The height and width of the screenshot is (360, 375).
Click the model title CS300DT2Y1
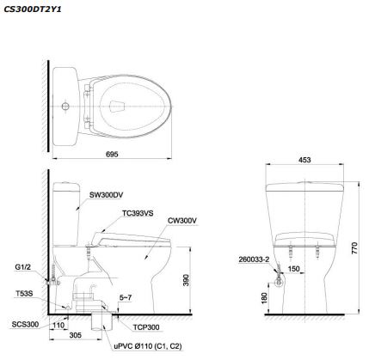point(33,9)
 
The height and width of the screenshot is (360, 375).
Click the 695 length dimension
point(112,154)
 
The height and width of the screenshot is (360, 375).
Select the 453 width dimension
point(304,160)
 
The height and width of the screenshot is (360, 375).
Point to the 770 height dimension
point(354,248)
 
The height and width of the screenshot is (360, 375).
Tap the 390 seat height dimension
point(186,280)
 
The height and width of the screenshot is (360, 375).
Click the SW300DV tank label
point(106,195)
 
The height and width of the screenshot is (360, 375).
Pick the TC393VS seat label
point(138,213)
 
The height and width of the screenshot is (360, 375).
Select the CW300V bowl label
point(182,221)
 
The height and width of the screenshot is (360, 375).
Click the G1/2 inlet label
point(23,267)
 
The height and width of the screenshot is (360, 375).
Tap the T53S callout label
point(24,294)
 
